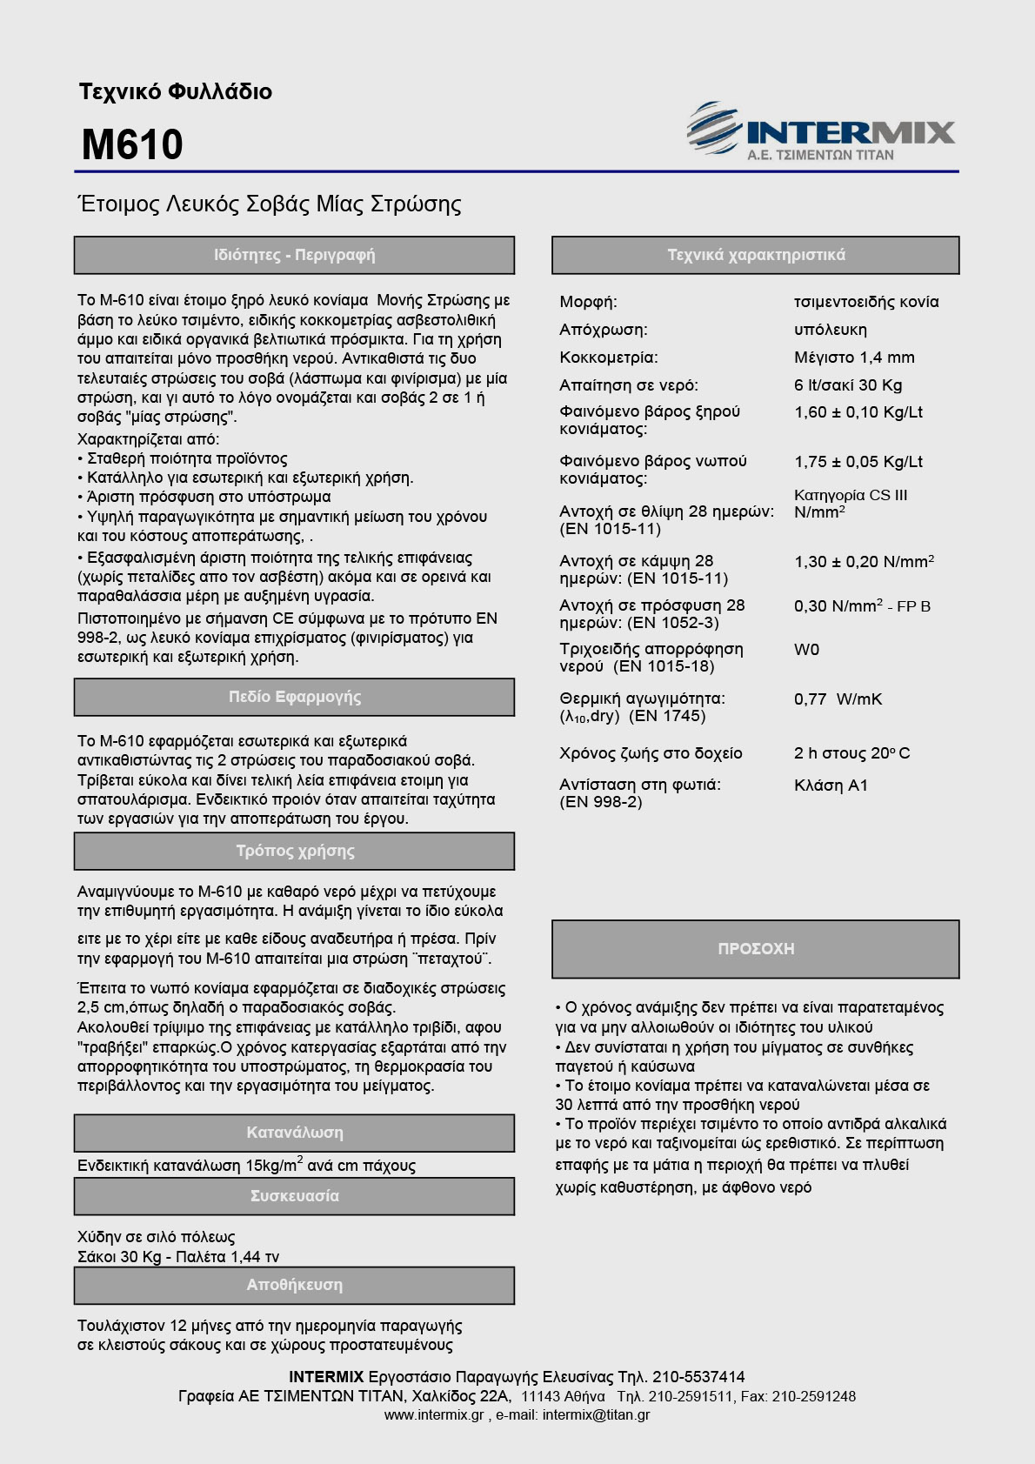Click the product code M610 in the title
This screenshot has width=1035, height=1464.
[x=132, y=144]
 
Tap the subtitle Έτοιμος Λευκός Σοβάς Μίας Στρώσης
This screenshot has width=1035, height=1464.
[x=270, y=204]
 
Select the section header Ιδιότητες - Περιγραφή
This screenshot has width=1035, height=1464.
[x=294, y=255]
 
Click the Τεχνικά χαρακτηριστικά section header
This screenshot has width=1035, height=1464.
[x=755, y=255]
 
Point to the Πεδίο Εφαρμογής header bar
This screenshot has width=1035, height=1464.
[x=294, y=697]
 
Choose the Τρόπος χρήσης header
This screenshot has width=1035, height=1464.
[x=294, y=851]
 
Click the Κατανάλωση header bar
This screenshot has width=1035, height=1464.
[x=294, y=1133]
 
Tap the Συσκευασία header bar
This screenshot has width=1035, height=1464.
[x=294, y=1196]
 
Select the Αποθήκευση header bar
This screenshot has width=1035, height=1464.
[x=294, y=1285]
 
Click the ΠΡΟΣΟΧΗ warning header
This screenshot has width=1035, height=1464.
[x=755, y=949]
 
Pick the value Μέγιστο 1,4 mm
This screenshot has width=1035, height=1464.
[x=854, y=358]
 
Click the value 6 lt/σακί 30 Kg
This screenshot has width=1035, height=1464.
[x=848, y=385]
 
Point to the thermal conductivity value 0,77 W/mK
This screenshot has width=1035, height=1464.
[x=838, y=699]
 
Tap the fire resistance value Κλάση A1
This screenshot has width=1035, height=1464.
[x=831, y=785]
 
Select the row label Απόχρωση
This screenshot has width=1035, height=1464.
[x=603, y=330]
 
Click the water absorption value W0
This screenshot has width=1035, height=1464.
[x=806, y=650]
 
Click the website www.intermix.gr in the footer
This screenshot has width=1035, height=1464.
[x=433, y=1414]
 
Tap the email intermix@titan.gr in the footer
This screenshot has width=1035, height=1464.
[x=596, y=1414]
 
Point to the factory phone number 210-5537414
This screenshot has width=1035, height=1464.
[x=698, y=1377]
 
